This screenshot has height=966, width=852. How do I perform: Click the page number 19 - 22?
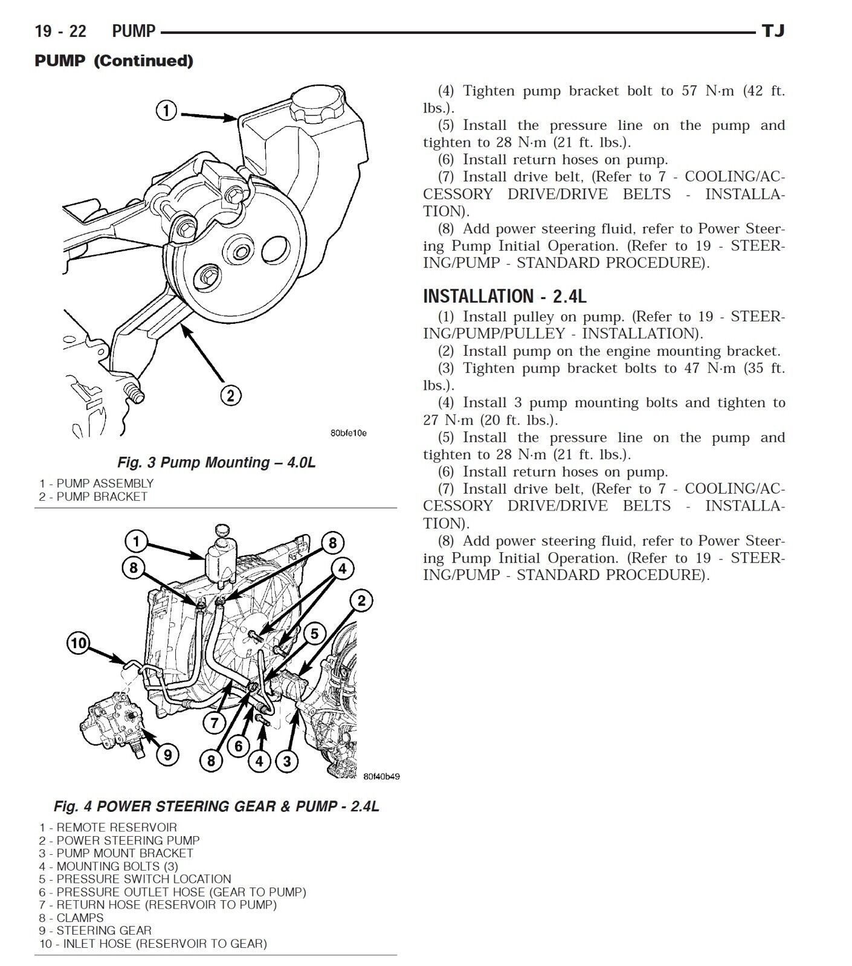click(x=60, y=31)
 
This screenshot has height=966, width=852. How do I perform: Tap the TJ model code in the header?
click(x=773, y=31)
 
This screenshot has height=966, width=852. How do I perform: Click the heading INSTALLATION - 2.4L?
click(x=505, y=296)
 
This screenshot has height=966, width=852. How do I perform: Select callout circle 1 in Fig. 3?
click(x=166, y=111)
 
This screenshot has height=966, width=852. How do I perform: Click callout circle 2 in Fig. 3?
click(x=230, y=396)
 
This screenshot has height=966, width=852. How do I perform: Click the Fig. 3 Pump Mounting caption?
click(x=216, y=463)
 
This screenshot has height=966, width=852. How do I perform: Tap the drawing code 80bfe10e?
click(x=349, y=433)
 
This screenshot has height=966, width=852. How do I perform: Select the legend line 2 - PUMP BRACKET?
click(x=93, y=497)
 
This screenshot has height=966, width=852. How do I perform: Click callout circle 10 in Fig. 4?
click(x=79, y=643)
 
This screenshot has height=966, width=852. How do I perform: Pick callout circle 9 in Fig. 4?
click(x=167, y=755)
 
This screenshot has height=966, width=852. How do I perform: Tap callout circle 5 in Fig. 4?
click(x=315, y=634)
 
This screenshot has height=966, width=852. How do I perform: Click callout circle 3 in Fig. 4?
click(x=287, y=761)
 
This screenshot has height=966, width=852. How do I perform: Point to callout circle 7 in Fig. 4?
click(x=214, y=722)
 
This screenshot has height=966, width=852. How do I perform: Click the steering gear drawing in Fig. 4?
click(x=112, y=724)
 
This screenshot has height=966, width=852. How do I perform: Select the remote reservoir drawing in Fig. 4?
click(x=219, y=559)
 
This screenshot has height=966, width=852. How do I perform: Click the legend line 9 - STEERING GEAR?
click(x=95, y=930)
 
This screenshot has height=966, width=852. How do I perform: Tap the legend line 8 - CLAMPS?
click(x=71, y=918)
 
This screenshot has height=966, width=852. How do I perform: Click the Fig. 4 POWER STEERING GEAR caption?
click(x=216, y=807)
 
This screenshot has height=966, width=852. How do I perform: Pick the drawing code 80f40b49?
click(x=381, y=777)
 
